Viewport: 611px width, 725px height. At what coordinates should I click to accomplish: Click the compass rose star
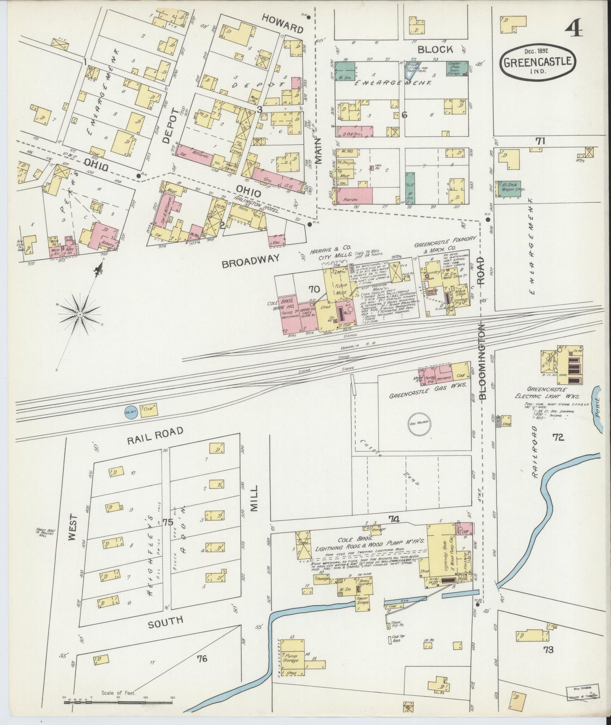pos(79,315)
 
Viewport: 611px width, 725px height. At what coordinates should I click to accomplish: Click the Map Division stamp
pos(583,689)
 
